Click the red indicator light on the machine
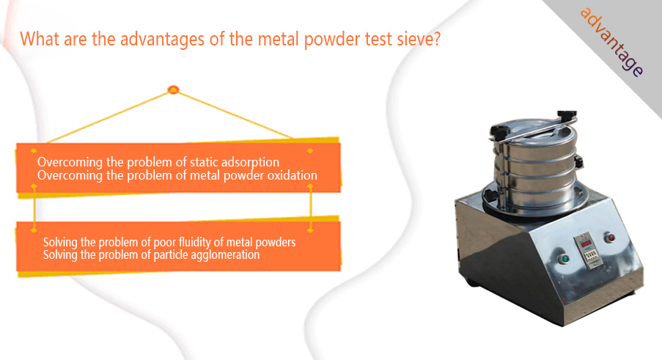[609, 238]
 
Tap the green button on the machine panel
[564, 258]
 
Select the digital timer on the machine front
[588, 250]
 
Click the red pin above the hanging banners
[174, 89]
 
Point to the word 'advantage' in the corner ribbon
[611, 42]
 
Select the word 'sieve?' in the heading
[419, 39]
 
